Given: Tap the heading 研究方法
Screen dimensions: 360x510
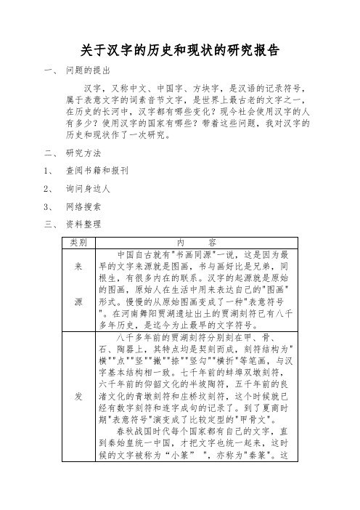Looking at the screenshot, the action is pos(83,154).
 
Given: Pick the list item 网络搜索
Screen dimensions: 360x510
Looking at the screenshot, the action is pos(83,206).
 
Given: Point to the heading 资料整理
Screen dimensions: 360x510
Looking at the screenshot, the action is pos(83,223).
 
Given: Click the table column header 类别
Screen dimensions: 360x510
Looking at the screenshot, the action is pos(78,241).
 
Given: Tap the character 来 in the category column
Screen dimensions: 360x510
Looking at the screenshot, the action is pos(78,266).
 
